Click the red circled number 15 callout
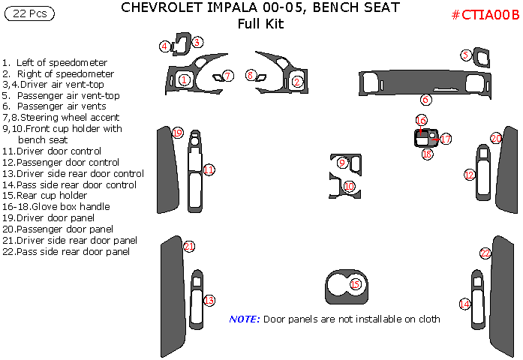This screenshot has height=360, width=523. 356,284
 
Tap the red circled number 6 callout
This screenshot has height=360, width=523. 425,99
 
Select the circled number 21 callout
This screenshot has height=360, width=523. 189,246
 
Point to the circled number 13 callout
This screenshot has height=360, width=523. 209,300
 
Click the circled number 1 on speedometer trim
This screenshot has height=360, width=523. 185,79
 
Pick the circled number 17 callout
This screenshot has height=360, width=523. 445,139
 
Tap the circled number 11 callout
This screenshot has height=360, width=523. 209,170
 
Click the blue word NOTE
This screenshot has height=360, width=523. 245,319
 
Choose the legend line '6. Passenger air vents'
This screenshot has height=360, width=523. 52,106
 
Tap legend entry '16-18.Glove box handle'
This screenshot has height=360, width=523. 56,206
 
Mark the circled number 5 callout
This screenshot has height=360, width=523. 466,55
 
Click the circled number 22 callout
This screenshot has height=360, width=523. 486,253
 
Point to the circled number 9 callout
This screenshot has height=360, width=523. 342,162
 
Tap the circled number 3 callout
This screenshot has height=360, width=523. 197,43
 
